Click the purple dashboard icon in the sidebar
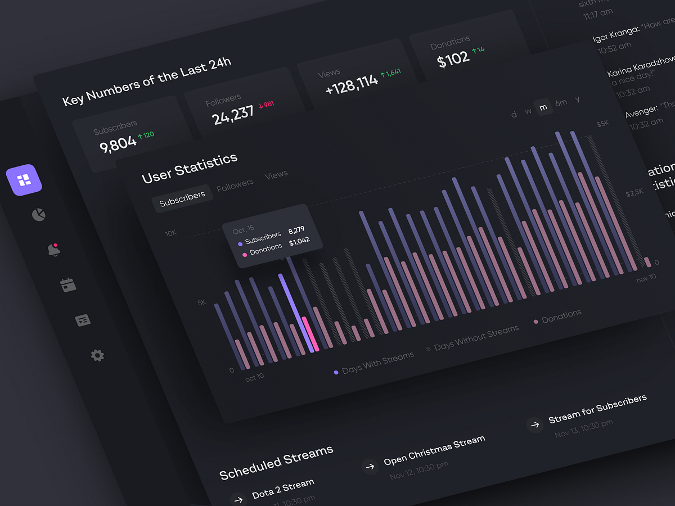(x=24, y=180)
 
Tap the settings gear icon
(x=97, y=355)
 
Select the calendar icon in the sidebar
(x=68, y=284)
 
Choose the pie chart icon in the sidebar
(x=39, y=215)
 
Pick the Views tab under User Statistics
(x=276, y=175)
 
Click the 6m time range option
(x=561, y=103)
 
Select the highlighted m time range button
(x=543, y=106)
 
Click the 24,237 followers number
(x=233, y=115)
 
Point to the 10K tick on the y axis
(x=171, y=233)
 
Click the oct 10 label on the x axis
(x=254, y=377)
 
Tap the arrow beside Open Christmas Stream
(x=370, y=466)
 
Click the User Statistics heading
(x=190, y=168)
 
